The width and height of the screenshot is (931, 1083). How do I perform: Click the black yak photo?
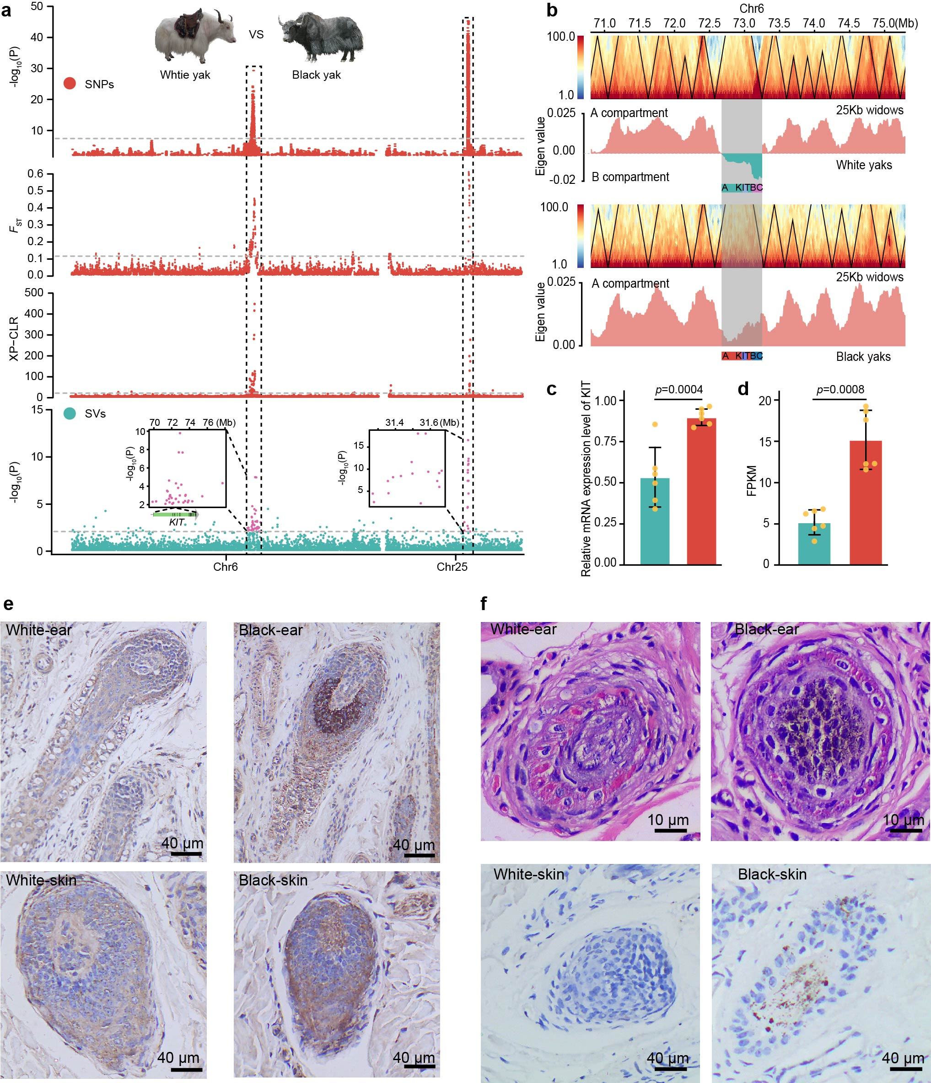tap(320, 36)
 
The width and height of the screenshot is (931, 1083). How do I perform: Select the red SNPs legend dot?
tap(70, 84)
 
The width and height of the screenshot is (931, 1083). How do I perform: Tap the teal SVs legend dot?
tap(70, 413)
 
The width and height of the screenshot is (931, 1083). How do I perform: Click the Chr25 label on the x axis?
tap(452, 567)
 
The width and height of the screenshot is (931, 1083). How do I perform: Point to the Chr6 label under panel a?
tap(225, 567)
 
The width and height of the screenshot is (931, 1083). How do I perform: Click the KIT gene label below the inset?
tap(177, 522)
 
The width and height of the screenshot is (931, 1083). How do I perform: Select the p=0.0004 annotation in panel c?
tap(678, 389)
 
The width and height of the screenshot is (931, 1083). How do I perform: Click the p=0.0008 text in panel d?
tap(840, 389)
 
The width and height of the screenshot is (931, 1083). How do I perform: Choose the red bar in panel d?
tap(866, 502)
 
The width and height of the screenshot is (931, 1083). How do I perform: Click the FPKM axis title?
tap(752, 480)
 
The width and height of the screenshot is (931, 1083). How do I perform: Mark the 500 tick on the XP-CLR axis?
tap(34, 293)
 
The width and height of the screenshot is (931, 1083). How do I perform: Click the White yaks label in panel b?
tap(864, 165)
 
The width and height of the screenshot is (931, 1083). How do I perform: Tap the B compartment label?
tap(630, 177)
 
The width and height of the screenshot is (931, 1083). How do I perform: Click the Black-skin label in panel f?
tap(772, 874)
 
